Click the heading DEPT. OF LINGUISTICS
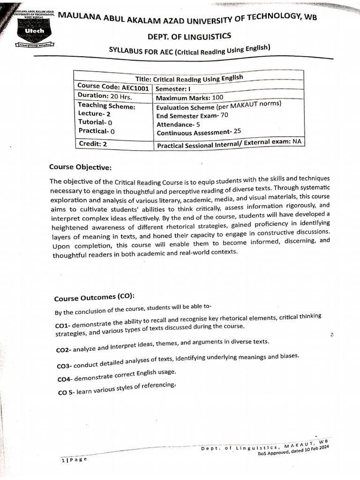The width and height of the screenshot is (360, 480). coord(189,36)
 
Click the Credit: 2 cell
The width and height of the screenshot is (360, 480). coord(92,144)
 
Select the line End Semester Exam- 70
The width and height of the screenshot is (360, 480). coord(193,116)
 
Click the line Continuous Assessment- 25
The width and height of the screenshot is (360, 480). coord(199,133)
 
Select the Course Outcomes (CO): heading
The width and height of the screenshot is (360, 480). coord(94,298)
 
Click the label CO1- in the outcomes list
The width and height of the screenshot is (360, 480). coord(63,325)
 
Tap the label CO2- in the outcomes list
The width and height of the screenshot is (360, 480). coord(63,350)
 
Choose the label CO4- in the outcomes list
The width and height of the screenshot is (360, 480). coord(65,379)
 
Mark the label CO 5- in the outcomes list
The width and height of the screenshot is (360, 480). coord(66,393)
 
